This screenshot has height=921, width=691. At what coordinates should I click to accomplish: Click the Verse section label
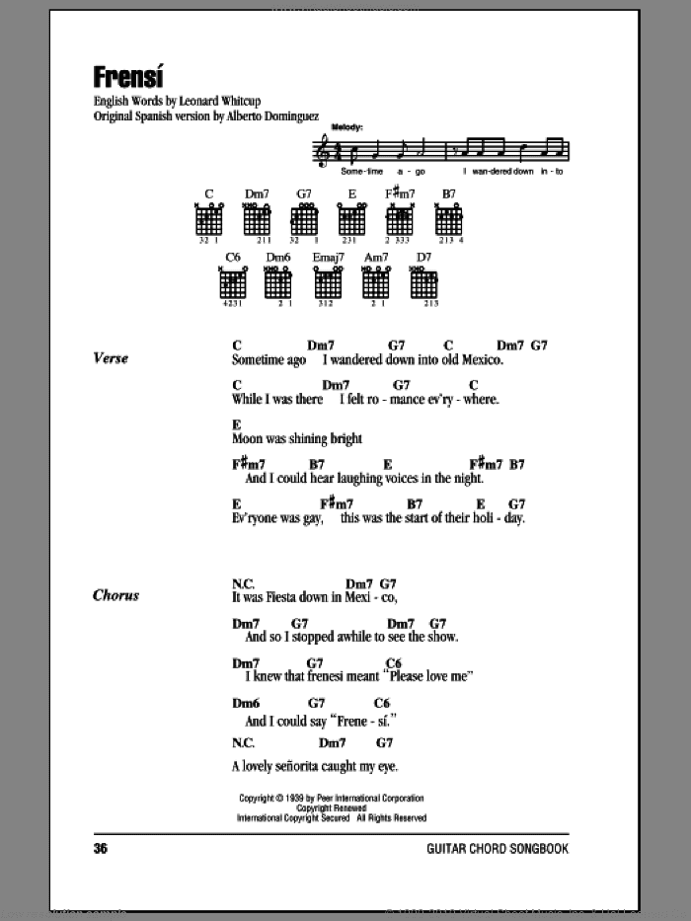pos(112,358)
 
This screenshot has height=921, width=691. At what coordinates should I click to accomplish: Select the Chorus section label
pos(115,595)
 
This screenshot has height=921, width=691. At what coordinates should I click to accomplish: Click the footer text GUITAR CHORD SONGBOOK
pos(498,848)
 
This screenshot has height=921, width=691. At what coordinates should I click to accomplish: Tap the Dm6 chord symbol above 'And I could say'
pos(244,703)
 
